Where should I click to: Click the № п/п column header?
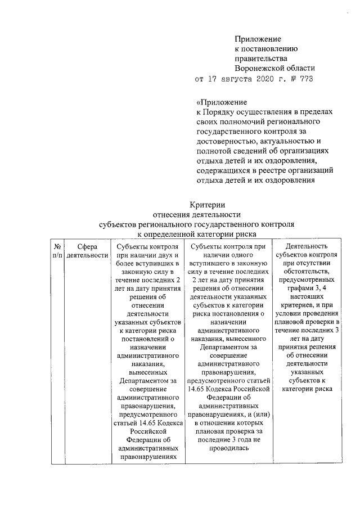(57, 251)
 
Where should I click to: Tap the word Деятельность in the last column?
(307, 247)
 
